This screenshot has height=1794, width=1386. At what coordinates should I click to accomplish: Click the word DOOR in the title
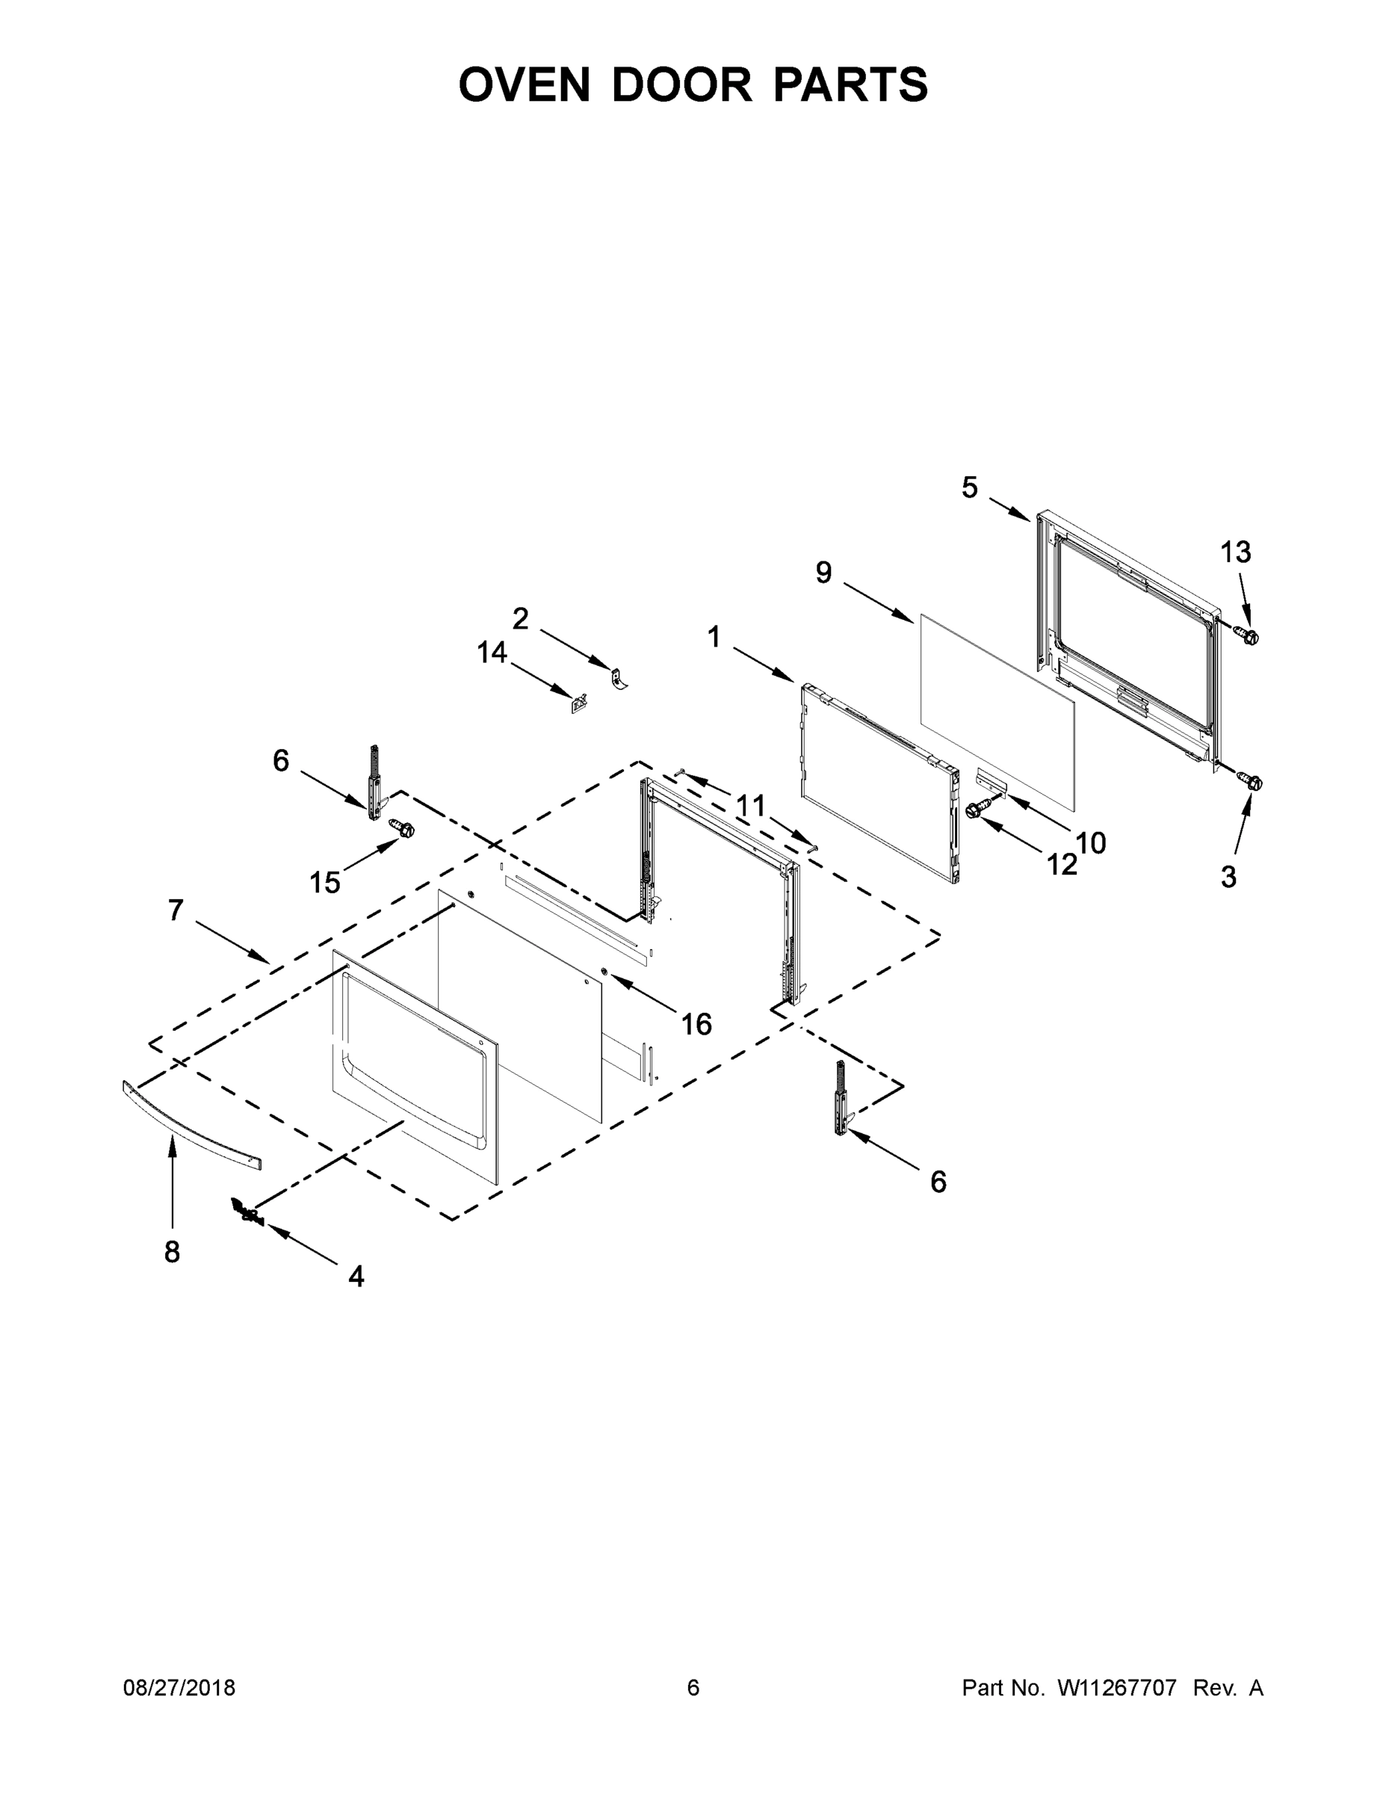pos(681,84)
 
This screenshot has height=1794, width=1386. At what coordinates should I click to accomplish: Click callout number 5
pos(970,487)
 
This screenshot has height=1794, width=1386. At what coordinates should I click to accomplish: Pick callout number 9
pos(823,573)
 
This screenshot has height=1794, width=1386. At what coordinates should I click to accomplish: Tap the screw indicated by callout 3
pos(1252,782)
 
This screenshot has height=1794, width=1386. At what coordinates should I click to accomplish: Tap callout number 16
pos(696,1023)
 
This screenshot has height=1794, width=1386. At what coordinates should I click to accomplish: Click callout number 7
pos(176,910)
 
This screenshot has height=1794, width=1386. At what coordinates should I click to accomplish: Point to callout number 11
pos(749,806)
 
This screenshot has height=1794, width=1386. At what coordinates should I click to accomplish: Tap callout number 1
pos(714,636)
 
